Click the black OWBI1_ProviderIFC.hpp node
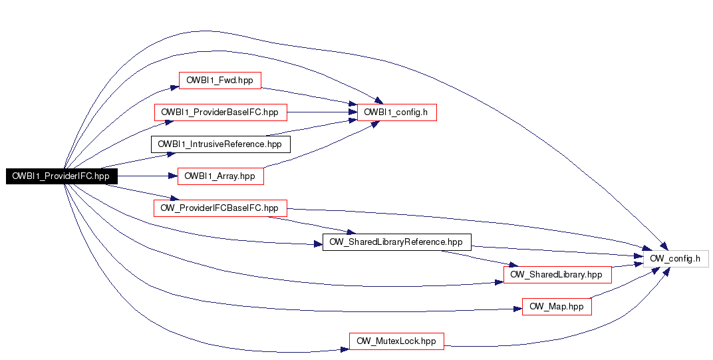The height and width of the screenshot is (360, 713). [62, 176]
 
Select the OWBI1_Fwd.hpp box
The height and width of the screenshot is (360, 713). [219, 81]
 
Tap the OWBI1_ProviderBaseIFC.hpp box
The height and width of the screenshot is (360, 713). [219, 112]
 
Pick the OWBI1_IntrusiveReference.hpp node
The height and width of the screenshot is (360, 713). [220, 144]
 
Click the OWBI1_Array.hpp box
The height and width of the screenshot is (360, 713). [220, 176]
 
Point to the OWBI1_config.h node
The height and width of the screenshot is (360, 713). [396, 112]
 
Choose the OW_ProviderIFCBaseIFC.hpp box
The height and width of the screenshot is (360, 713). [219, 208]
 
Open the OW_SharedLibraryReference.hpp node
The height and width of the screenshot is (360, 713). [396, 242]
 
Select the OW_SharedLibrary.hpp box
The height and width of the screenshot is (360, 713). [557, 274]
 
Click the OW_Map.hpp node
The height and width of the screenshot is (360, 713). [557, 307]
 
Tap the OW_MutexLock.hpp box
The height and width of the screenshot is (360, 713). [396, 341]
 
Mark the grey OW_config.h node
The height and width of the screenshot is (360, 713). [674, 258]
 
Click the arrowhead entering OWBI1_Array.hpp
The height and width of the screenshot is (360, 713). [173, 176]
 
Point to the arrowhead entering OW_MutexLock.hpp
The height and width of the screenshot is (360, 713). [345, 348]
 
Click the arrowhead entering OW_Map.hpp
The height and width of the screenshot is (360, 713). [518, 309]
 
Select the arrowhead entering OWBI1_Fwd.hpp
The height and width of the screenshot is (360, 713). [174, 87]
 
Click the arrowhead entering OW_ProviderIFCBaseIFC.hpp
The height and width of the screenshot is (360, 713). [175, 199]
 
